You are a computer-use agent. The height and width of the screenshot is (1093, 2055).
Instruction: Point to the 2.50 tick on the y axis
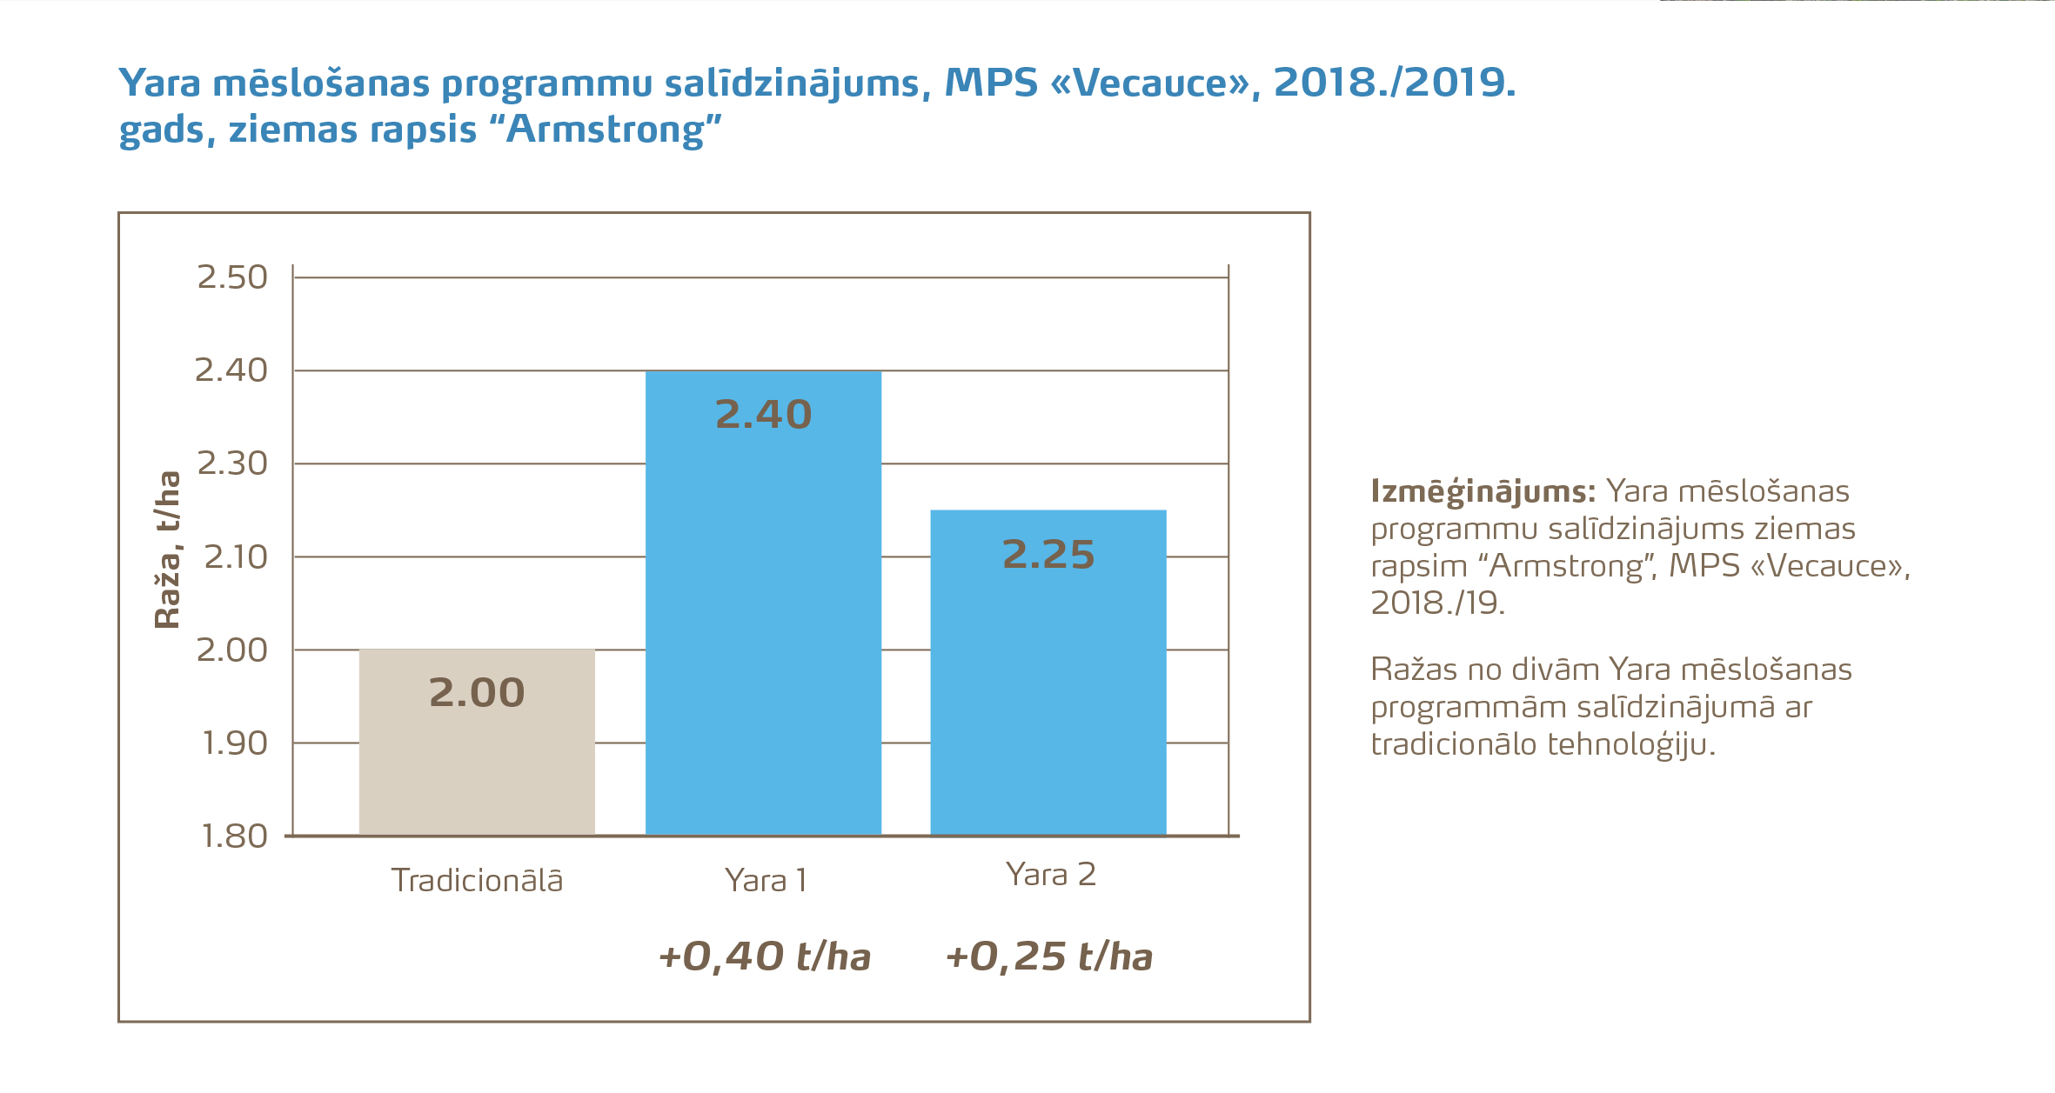(x=231, y=277)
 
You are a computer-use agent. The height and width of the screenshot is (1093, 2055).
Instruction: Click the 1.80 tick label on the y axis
(x=233, y=836)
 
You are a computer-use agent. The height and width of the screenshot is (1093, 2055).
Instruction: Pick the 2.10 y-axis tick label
(x=235, y=556)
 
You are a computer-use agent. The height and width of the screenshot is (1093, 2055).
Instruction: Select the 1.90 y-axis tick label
(x=234, y=743)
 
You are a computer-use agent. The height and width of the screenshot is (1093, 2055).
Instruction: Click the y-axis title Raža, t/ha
(x=167, y=550)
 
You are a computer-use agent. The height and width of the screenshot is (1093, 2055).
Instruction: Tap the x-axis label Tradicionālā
(x=477, y=881)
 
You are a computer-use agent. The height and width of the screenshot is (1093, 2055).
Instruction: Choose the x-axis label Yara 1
(x=766, y=881)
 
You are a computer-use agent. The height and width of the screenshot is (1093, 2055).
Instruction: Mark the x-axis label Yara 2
(x=1050, y=875)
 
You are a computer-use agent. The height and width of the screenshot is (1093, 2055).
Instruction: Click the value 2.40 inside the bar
(x=763, y=415)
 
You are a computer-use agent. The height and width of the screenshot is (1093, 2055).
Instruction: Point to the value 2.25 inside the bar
(x=1048, y=555)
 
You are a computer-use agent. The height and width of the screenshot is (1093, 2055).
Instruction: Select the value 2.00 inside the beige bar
(x=477, y=693)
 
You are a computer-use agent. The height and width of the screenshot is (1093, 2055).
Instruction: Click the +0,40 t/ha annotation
(x=764, y=956)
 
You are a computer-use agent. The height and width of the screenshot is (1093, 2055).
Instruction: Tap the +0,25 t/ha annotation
(x=1048, y=956)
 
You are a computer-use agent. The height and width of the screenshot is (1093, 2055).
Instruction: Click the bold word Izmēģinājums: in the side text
(x=1483, y=492)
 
